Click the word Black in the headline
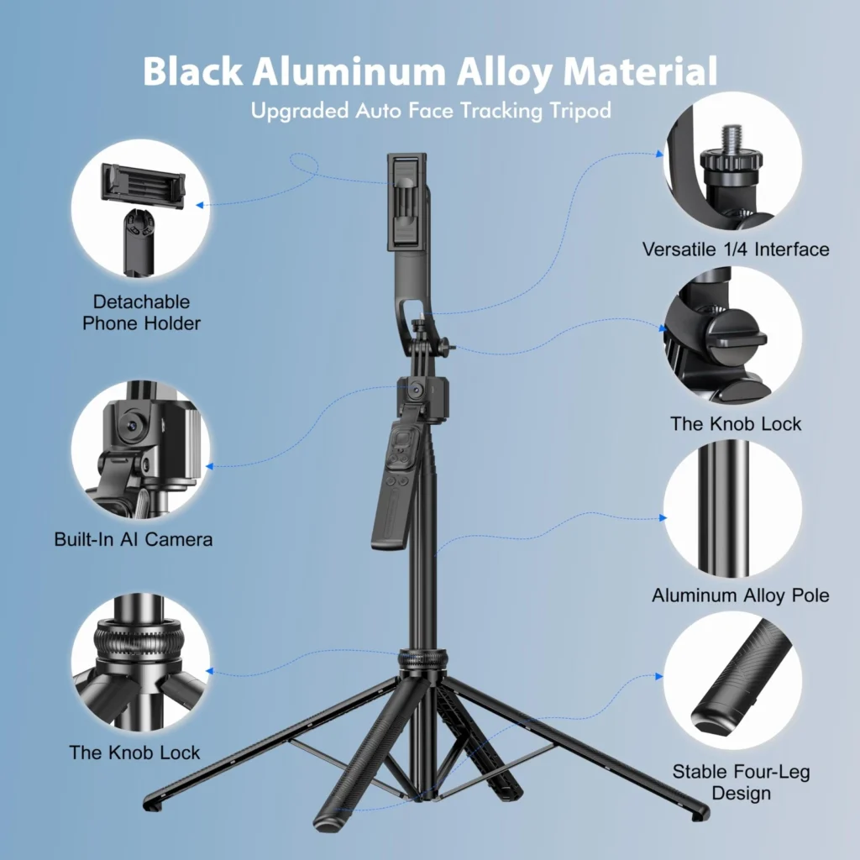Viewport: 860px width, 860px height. pos(192,71)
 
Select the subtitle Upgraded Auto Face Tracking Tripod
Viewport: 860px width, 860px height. pos(431,111)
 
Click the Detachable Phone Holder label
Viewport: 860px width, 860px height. pos(141,312)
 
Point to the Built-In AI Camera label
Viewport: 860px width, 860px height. pos(134,539)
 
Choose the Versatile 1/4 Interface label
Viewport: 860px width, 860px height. pos(736,249)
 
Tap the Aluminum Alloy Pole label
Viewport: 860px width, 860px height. pos(741,595)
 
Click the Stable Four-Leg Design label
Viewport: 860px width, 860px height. pos(741,782)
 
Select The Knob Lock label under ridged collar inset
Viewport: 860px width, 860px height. pos(134,752)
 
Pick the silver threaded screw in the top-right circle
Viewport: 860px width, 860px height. pos(732,140)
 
